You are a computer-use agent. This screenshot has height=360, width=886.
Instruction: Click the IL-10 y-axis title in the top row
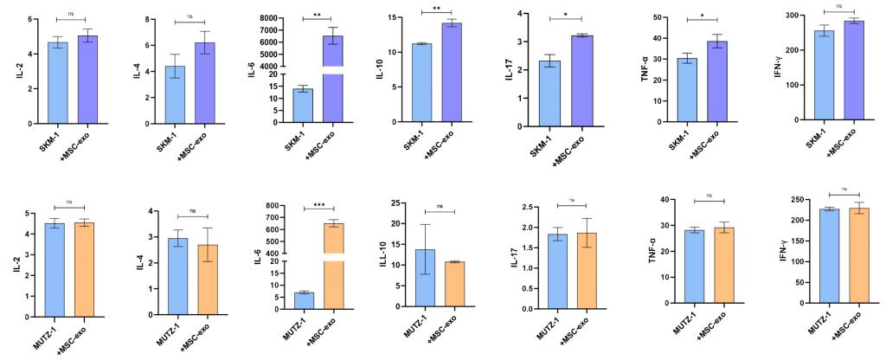379,67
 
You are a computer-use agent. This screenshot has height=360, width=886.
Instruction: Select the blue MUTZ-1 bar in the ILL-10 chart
425,278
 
